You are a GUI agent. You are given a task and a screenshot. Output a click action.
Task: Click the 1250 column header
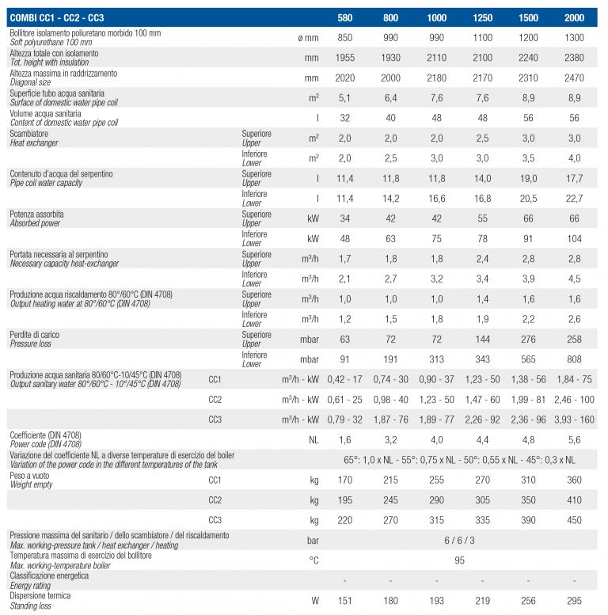[x=482, y=17]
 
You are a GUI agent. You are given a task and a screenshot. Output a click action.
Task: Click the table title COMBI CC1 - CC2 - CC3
[x=57, y=17]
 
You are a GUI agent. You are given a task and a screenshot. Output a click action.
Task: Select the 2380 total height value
[x=574, y=58]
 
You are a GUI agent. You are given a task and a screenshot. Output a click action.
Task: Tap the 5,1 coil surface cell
[x=344, y=98]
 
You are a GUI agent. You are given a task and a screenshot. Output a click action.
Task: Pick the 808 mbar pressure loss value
[x=574, y=359]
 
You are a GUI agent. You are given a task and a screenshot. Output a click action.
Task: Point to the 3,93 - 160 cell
[x=574, y=419]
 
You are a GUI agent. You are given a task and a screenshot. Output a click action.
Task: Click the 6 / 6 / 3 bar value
[x=459, y=541]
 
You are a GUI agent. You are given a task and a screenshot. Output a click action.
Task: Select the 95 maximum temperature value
[x=459, y=560]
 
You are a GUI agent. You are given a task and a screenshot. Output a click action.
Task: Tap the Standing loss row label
[x=31, y=606]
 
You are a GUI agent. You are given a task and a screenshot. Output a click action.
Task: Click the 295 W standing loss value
[x=574, y=601]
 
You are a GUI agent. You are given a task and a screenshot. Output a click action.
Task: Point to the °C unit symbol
[x=313, y=560]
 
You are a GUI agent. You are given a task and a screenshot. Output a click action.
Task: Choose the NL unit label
[x=313, y=440]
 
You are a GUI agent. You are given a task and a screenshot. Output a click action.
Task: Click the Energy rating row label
[x=30, y=586]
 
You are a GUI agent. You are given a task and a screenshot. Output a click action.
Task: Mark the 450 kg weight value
[x=574, y=521]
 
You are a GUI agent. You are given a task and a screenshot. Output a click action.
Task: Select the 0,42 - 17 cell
[x=345, y=380]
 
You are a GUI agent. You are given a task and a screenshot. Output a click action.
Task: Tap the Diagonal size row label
[x=30, y=82]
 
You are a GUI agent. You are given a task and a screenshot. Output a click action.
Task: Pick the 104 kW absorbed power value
[x=574, y=239]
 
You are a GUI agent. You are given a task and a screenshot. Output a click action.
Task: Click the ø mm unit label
[x=308, y=38]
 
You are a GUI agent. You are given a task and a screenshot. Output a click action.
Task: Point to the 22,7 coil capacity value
[x=574, y=199]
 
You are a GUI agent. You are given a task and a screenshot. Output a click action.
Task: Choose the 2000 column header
[x=574, y=17]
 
